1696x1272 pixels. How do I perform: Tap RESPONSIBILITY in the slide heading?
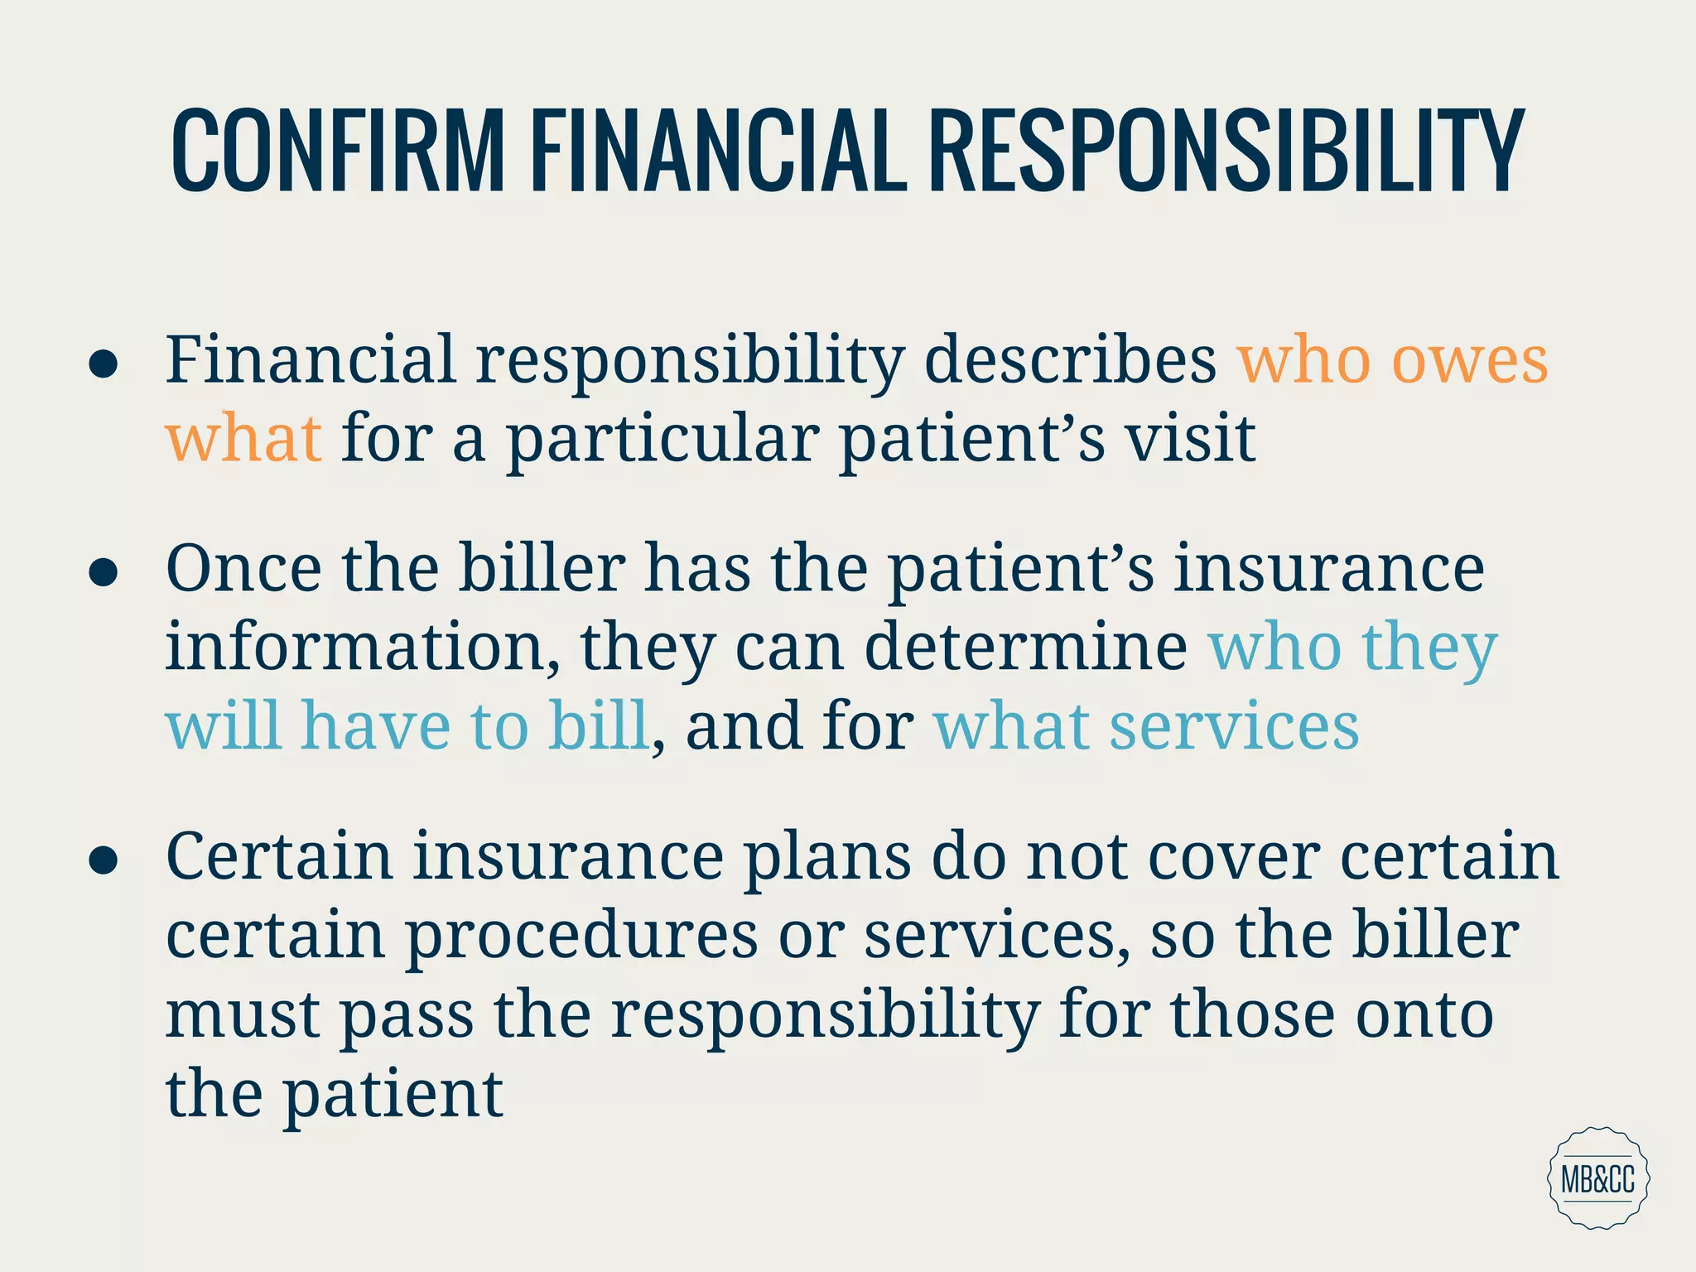pyautogui.click(x=1226, y=152)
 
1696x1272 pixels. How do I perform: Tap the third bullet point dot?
pyautogui.click(x=103, y=860)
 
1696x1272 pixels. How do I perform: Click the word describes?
pyautogui.click(x=1069, y=361)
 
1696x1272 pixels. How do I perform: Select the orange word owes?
pyautogui.click(x=1469, y=361)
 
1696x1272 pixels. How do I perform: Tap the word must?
pyautogui.click(x=243, y=1015)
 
